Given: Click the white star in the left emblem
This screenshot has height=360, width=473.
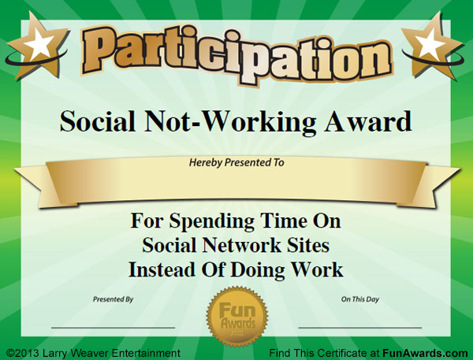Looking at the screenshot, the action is click(39, 44).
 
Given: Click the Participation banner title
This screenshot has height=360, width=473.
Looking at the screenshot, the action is click(237, 55).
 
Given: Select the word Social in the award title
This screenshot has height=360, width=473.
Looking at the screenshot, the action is click(98, 121).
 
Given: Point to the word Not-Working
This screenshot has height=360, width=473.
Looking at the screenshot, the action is click(230, 122).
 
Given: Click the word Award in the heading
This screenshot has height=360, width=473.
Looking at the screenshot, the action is click(368, 121).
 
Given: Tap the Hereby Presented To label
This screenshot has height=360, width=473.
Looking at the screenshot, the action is click(236, 162).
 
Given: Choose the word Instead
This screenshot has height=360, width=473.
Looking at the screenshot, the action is click(162, 269).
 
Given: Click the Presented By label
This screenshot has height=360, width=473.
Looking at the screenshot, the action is click(113, 299).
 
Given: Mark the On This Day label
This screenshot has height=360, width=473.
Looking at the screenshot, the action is click(360, 299).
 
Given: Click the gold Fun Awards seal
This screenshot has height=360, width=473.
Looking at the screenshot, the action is click(237, 317).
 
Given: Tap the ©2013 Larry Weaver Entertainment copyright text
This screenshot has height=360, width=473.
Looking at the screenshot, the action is click(93, 353).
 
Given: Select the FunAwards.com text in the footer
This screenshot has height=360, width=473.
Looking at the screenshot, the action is click(426, 353).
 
